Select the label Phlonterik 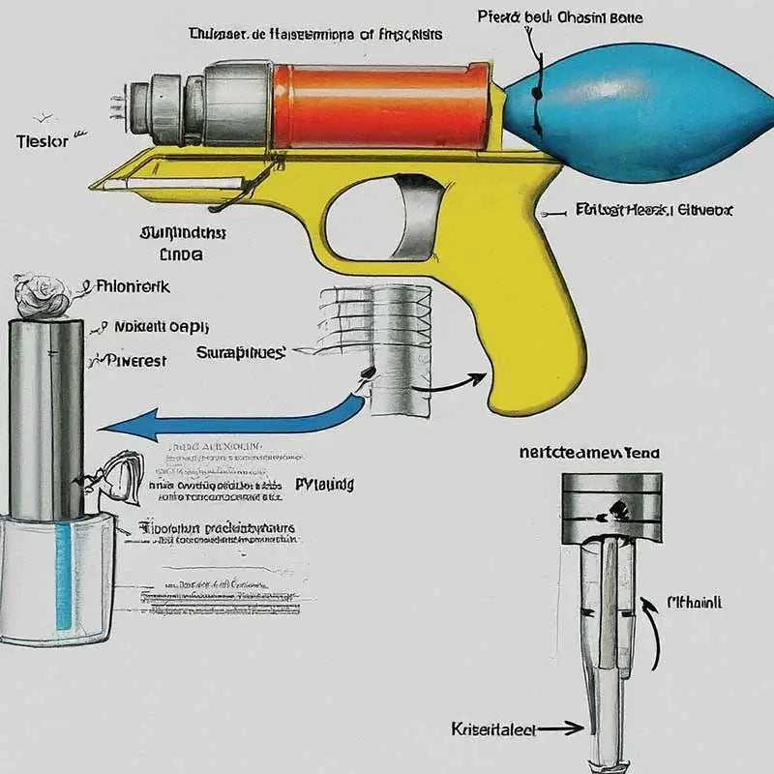point(135,286)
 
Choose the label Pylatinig point(323,483)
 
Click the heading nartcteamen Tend point(591,451)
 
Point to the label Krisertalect point(494,728)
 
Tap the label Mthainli point(695,603)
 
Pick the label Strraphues point(241,353)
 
